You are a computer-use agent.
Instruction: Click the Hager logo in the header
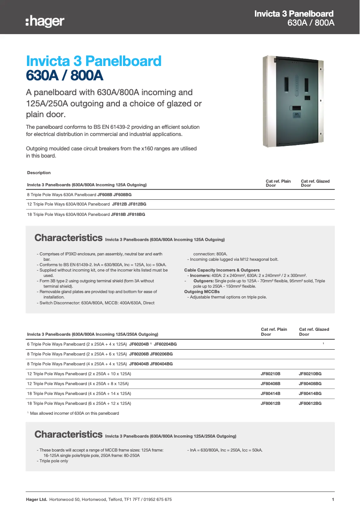[x=45, y=21]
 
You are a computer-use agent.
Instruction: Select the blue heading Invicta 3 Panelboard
[x=94, y=61]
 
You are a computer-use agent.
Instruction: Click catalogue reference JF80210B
[x=270, y=373]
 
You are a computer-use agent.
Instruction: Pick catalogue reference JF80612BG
[x=310, y=403]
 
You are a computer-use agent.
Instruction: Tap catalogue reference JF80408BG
[x=310, y=383]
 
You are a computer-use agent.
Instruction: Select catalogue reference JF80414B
[x=270, y=393]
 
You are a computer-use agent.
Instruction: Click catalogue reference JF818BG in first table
[x=136, y=215]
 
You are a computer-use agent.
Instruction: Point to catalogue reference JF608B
[x=105, y=195]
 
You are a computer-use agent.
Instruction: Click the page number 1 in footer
[x=333, y=500]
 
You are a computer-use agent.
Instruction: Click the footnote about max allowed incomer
[x=74, y=413]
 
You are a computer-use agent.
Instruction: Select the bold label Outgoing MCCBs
[x=199, y=292]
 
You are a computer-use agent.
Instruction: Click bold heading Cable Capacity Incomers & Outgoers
[x=222, y=270]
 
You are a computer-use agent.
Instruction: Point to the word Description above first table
[x=39, y=173]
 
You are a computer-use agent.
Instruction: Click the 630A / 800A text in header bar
[x=311, y=23]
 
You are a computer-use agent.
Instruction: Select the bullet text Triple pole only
[x=54, y=461]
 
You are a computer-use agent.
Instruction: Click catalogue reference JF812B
[x=119, y=204]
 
